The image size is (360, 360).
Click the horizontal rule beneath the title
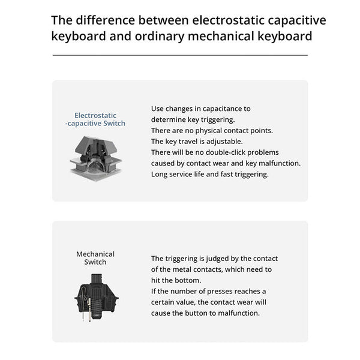(x=180, y=55)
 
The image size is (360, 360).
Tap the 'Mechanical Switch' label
(x=95, y=258)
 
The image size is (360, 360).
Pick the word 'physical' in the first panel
(x=205, y=130)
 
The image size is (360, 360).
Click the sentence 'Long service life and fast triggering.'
(x=209, y=174)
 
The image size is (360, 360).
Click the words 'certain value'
(x=176, y=302)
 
